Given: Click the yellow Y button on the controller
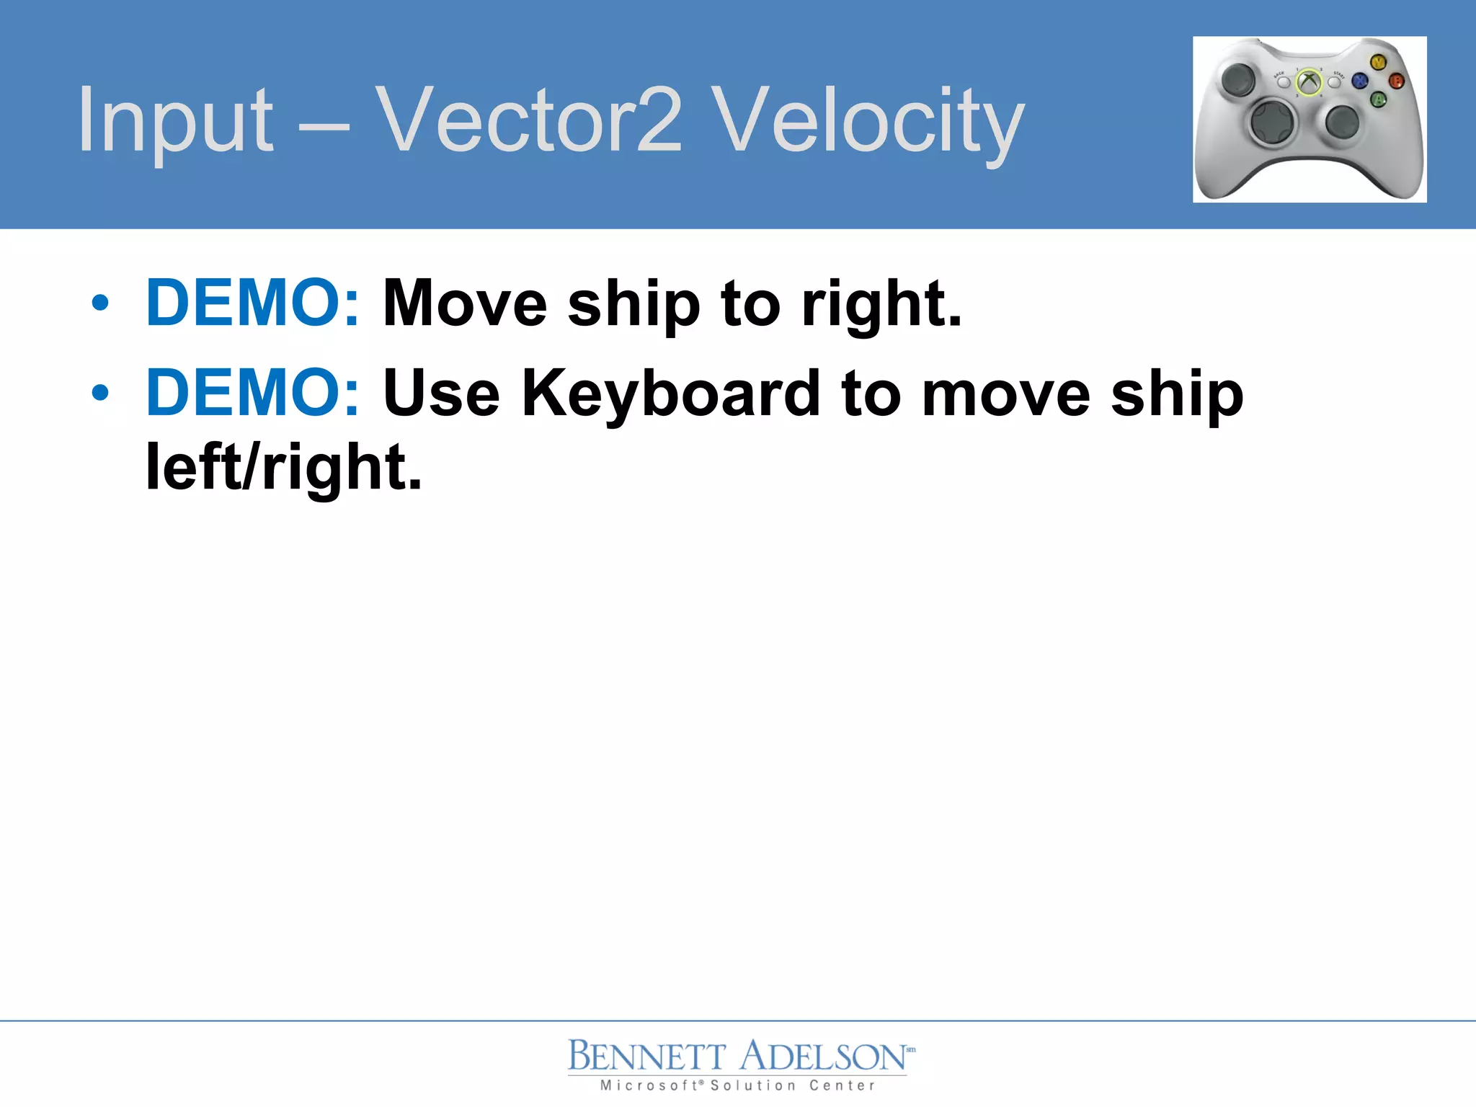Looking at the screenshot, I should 1377,63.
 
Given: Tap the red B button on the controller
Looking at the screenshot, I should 1396,81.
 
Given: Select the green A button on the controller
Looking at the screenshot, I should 1378,99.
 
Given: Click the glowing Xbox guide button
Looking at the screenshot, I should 1309,82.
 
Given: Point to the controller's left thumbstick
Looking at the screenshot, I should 1238,79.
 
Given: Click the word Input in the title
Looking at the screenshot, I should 175,120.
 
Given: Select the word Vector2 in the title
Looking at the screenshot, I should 528,120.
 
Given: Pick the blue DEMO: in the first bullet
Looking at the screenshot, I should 252,303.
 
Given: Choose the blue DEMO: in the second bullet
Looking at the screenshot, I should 252,393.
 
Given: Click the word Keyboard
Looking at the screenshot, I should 670,395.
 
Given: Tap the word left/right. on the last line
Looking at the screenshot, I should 283,468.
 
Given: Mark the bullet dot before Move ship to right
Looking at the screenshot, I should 100,303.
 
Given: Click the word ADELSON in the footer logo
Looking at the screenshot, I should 824,1057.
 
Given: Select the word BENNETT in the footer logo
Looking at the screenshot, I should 646,1057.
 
